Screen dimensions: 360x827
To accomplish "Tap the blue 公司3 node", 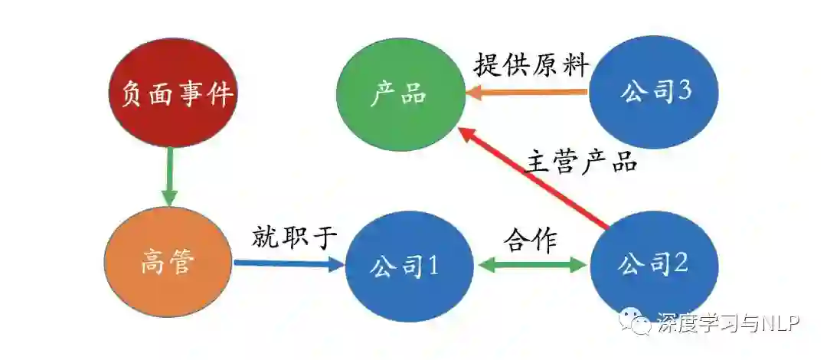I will [x=655, y=92].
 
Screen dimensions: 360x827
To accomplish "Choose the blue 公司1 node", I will [x=406, y=267].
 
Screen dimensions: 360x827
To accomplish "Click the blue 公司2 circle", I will [x=654, y=265].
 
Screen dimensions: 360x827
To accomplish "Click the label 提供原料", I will [x=531, y=65].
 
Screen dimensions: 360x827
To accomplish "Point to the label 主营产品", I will [x=582, y=162].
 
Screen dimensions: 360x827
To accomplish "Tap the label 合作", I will [x=530, y=240].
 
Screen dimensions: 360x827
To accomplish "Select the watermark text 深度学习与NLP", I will [x=728, y=324].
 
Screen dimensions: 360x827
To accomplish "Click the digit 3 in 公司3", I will [x=685, y=91].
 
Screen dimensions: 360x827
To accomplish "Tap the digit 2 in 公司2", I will [x=681, y=264].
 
